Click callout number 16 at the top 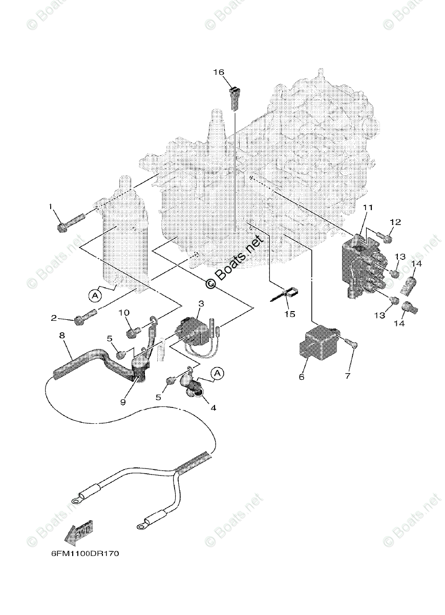219,72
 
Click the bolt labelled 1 68,223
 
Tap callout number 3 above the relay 201,304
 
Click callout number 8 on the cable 61,336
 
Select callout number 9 122,402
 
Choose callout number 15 289,314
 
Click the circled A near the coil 94,295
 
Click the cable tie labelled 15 286,294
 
